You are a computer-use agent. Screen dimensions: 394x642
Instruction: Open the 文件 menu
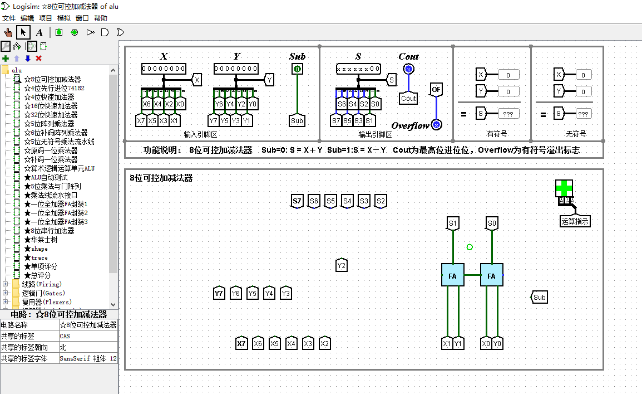point(9,18)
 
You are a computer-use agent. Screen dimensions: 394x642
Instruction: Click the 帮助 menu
point(101,18)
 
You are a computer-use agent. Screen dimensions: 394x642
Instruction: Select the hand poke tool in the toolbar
point(8,32)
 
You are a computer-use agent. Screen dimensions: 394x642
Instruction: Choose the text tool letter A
point(39,32)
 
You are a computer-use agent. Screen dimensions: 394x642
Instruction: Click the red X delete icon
point(38,59)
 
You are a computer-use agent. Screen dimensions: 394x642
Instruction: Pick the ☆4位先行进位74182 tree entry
point(54,88)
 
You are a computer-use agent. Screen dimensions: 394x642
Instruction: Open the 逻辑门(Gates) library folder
point(43,293)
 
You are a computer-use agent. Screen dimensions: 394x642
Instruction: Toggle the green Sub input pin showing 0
point(297,69)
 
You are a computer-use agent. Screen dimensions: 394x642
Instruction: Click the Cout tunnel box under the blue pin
point(408,98)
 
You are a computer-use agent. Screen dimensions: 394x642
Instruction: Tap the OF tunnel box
point(436,89)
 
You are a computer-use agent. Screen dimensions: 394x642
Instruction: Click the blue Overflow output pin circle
point(437,125)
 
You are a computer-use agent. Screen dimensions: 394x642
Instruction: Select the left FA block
point(452,275)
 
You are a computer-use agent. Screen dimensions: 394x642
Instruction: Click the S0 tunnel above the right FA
point(492,223)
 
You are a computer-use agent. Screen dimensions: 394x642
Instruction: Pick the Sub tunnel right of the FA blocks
point(539,297)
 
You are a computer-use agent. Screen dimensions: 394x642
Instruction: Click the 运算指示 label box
point(575,221)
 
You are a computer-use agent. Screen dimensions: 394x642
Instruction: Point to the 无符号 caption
point(576,134)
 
